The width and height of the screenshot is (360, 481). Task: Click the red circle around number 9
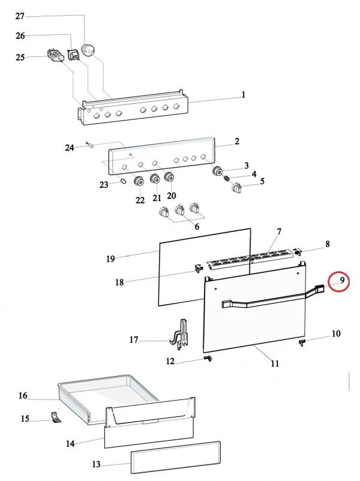(x=339, y=281)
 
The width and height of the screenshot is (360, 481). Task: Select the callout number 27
(x=20, y=16)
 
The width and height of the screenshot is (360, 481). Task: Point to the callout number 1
(x=243, y=95)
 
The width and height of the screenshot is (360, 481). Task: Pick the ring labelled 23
(x=122, y=181)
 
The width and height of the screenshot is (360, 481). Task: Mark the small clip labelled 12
(x=208, y=358)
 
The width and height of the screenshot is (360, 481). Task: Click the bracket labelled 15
(x=55, y=417)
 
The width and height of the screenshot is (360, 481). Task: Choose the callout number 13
(x=96, y=465)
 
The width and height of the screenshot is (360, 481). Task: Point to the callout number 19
(x=110, y=259)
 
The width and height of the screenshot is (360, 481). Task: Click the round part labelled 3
(x=218, y=171)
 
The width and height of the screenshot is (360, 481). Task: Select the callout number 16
(x=23, y=396)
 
